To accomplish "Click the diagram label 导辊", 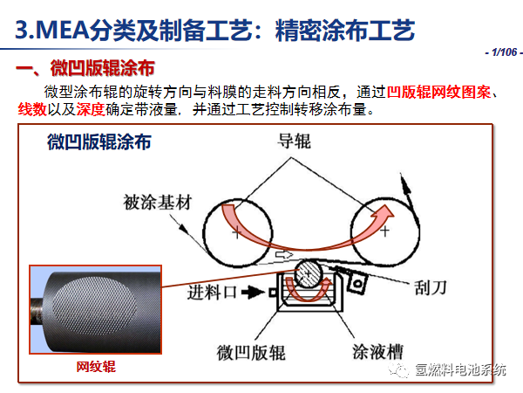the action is (294, 141).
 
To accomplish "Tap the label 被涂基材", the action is (158, 203).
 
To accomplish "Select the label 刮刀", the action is (430, 287).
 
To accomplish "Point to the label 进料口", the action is (212, 293).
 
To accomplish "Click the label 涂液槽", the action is (377, 352).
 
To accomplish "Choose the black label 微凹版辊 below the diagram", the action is (251, 353).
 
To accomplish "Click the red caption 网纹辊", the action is (96, 367).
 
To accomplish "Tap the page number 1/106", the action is (504, 52).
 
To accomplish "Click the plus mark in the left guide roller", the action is (236, 232).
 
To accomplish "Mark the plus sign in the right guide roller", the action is (385, 231).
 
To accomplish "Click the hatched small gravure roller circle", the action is (309, 273).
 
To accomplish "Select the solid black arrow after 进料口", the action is (253, 293).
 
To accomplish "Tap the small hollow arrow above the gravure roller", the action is (284, 255).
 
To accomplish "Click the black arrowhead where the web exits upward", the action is (405, 183).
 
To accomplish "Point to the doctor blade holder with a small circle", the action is (357, 283).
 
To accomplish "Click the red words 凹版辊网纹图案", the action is (438, 92).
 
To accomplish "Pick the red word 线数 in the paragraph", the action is (32, 109).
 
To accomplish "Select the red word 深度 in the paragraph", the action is (91, 109).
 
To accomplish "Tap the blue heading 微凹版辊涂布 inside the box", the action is (99, 141).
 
